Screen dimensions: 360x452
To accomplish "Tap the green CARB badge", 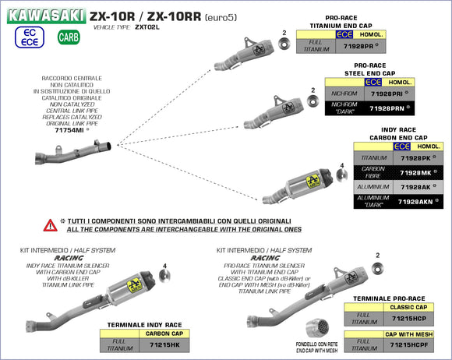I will click(x=68, y=37).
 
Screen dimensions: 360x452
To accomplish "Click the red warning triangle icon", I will click(x=51, y=225).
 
